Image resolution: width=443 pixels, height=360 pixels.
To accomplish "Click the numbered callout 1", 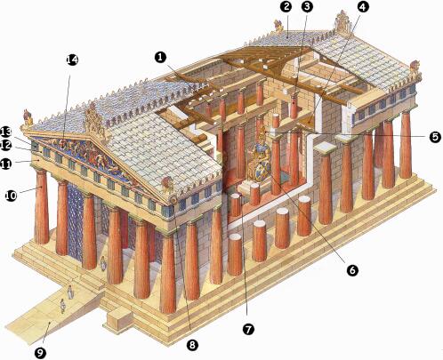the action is click(x=160, y=57).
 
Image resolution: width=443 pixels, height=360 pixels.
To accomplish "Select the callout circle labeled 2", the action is click(x=286, y=6).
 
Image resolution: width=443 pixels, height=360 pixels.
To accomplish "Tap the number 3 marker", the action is click(x=307, y=6).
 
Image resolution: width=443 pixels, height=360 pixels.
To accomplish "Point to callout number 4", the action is click(x=363, y=6).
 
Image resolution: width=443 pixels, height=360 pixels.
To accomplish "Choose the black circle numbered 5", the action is click(x=434, y=137).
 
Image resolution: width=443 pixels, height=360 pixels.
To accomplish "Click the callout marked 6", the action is click(x=352, y=270).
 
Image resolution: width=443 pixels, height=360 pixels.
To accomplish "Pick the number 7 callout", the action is click(x=248, y=329).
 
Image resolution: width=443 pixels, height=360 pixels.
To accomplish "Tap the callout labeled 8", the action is click(x=192, y=345).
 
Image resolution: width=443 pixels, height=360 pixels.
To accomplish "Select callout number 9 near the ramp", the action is click(x=40, y=352).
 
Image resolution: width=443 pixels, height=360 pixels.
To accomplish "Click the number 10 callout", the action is click(x=12, y=196).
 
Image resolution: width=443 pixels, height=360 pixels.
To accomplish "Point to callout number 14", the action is click(x=72, y=60).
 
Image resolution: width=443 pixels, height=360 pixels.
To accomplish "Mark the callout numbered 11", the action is click(x=6, y=164).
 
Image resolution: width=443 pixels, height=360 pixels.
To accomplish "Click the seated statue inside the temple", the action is click(x=260, y=157).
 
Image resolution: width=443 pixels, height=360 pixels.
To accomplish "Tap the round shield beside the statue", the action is click(x=262, y=169).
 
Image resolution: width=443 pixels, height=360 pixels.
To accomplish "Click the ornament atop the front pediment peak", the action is click(x=95, y=120).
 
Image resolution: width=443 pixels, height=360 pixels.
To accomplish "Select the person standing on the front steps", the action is click(x=103, y=263).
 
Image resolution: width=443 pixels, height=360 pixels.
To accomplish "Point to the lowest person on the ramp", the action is click(x=62, y=306).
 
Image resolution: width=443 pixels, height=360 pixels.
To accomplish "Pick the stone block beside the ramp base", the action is click(x=118, y=320).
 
